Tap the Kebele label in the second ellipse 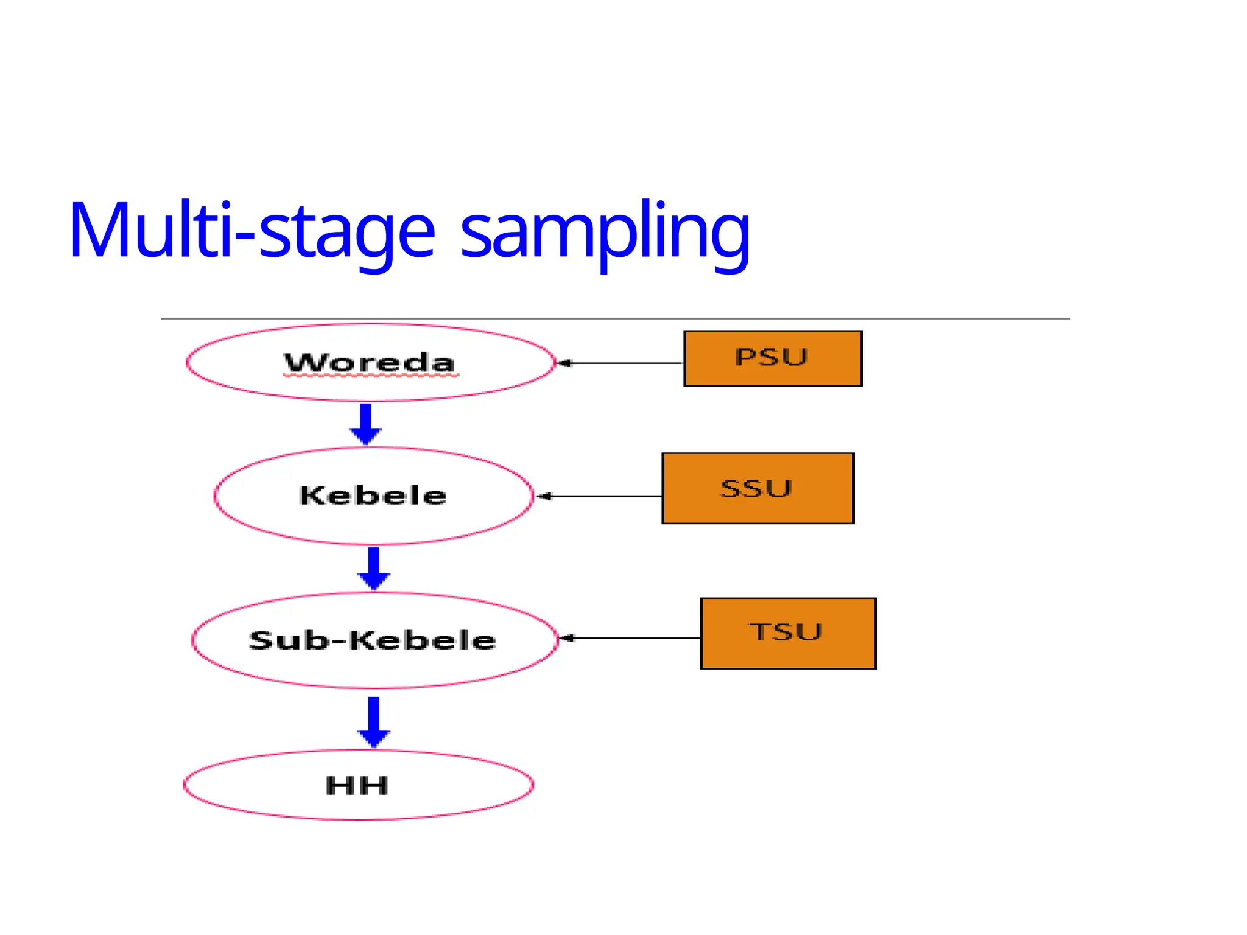(x=373, y=495)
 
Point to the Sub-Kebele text (x=372, y=640)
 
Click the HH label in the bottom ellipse (x=357, y=785)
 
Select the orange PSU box (x=773, y=359)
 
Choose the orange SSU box (x=758, y=488)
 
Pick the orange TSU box (x=789, y=633)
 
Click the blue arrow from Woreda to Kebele (x=365, y=424)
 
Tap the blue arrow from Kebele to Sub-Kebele (x=374, y=568)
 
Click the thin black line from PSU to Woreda (x=627, y=363)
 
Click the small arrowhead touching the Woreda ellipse (x=564, y=363)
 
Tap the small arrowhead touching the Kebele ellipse (x=544, y=496)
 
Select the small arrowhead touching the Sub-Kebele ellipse (x=566, y=638)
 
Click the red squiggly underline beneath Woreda (x=370, y=377)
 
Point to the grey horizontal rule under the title (x=615, y=318)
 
